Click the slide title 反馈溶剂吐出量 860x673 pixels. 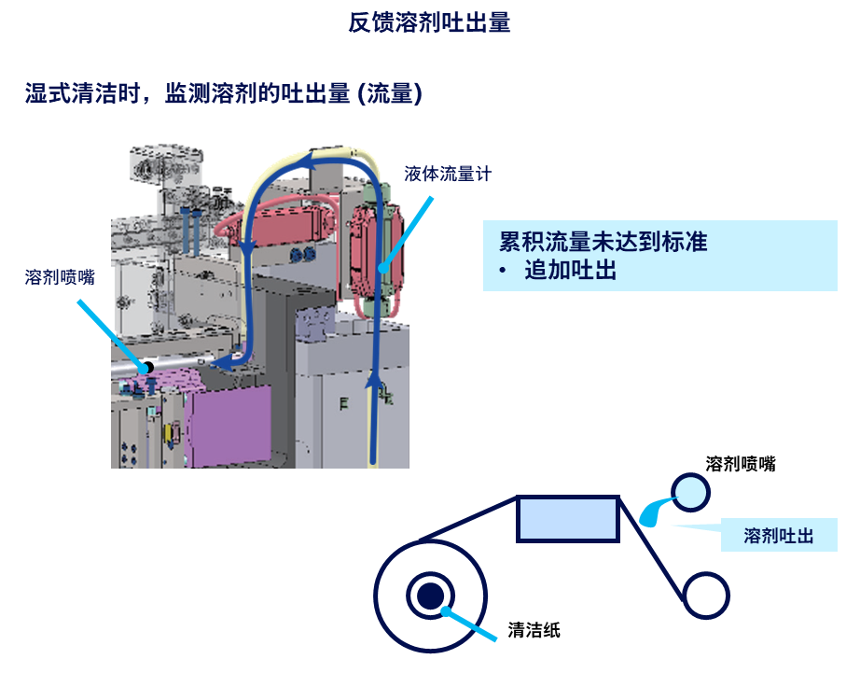[x=429, y=23]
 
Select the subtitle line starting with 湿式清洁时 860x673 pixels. [x=223, y=93]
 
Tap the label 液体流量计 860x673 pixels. [x=447, y=174]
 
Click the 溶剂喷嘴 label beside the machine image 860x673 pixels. [x=60, y=276]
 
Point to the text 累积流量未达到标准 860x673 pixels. [x=603, y=242]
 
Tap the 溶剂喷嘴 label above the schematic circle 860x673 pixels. [x=741, y=464]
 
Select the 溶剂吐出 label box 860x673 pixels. [x=778, y=536]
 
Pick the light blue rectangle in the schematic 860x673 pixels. [x=568, y=518]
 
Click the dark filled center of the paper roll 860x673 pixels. [x=430, y=595]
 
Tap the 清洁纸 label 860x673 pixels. [x=534, y=630]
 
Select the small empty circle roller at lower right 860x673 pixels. [x=705, y=595]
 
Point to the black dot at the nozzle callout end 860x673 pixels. [x=146, y=368]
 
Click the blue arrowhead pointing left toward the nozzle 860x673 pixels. [x=223, y=362]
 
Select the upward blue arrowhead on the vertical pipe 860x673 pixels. [x=375, y=381]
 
